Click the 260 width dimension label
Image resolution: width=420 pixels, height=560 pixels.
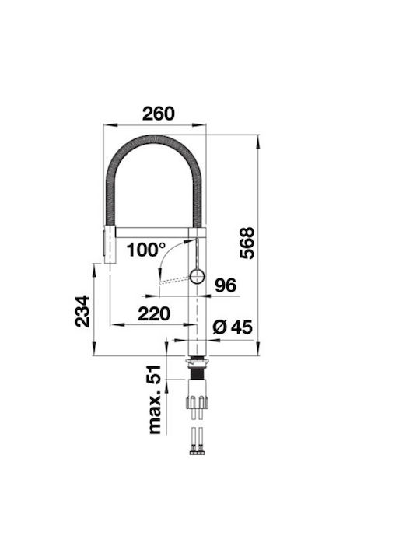[x=159, y=114]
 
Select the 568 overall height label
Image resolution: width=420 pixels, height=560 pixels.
[x=247, y=243]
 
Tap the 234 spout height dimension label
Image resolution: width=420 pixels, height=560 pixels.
[x=82, y=311]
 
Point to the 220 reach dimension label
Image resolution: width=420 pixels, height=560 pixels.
[x=154, y=313]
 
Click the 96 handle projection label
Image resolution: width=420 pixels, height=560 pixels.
[x=226, y=285]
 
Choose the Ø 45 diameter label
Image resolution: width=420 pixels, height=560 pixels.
[x=233, y=327]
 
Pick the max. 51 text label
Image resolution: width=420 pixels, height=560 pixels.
[x=155, y=400]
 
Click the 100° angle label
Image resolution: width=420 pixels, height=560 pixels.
[x=146, y=250]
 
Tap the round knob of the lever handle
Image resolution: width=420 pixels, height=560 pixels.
[x=197, y=277]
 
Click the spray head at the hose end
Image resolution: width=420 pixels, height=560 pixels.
[x=110, y=244]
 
